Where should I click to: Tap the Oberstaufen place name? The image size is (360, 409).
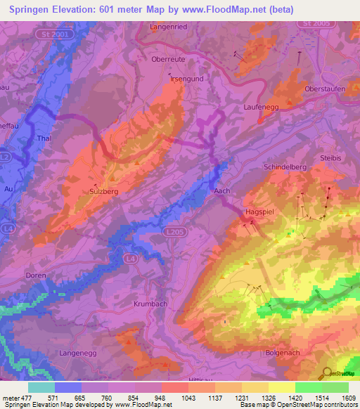point(325,89)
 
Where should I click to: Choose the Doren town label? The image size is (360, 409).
point(35,275)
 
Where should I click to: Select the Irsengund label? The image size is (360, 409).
point(187,79)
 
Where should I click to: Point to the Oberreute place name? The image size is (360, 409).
point(168,60)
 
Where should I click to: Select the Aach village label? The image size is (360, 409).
point(221,191)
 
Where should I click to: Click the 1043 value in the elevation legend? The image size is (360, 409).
point(187,397)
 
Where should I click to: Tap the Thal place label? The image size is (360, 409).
point(44,138)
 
